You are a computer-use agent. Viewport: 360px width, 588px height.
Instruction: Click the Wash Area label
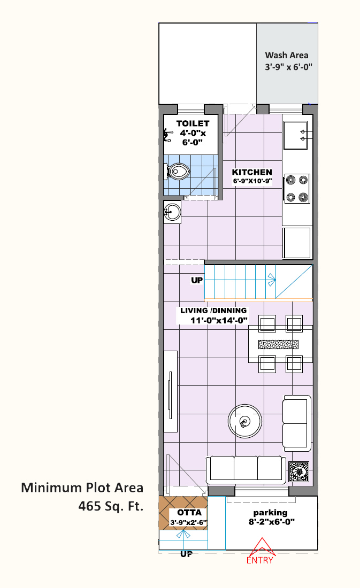click(x=287, y=55)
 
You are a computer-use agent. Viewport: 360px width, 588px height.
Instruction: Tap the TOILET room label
click(x=193, y=123)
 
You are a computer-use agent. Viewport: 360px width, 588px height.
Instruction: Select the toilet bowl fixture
click(x=178, y=172)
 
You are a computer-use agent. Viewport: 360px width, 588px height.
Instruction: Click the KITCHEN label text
click(x=252, y=172)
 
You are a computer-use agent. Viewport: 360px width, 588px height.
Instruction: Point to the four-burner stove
click(x=297, y=189)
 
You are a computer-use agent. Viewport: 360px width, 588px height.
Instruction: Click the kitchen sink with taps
click(x=295, y=135)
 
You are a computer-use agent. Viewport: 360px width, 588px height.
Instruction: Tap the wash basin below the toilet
click(x=172, y=212)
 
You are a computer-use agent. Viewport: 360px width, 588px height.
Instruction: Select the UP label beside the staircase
click(x=197, y=280)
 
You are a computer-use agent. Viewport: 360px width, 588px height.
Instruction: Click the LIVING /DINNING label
click(x=213, y=311)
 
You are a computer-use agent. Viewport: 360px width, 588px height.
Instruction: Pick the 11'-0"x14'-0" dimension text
click(x=219, y=320)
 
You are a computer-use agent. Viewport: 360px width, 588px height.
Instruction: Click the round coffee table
click(x=245, y=421)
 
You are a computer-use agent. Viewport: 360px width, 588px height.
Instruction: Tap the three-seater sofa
click(x=246, y=469)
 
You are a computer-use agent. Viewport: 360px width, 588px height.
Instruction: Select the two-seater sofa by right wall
click(x=297, y=423)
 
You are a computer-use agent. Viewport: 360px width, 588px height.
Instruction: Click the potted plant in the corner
click(x=299, y=472)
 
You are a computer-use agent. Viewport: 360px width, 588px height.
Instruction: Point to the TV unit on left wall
click(x=171, y=391)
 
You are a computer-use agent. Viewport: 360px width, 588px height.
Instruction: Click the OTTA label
click(x=189, y=513)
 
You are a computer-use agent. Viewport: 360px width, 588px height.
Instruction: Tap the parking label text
click(x=270, y=513)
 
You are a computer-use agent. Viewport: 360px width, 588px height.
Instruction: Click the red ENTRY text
click(x=260, y=560)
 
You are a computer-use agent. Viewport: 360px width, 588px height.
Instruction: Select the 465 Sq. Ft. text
click(x=111, y=506)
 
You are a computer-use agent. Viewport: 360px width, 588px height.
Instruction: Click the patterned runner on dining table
click(x=279, y=344)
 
